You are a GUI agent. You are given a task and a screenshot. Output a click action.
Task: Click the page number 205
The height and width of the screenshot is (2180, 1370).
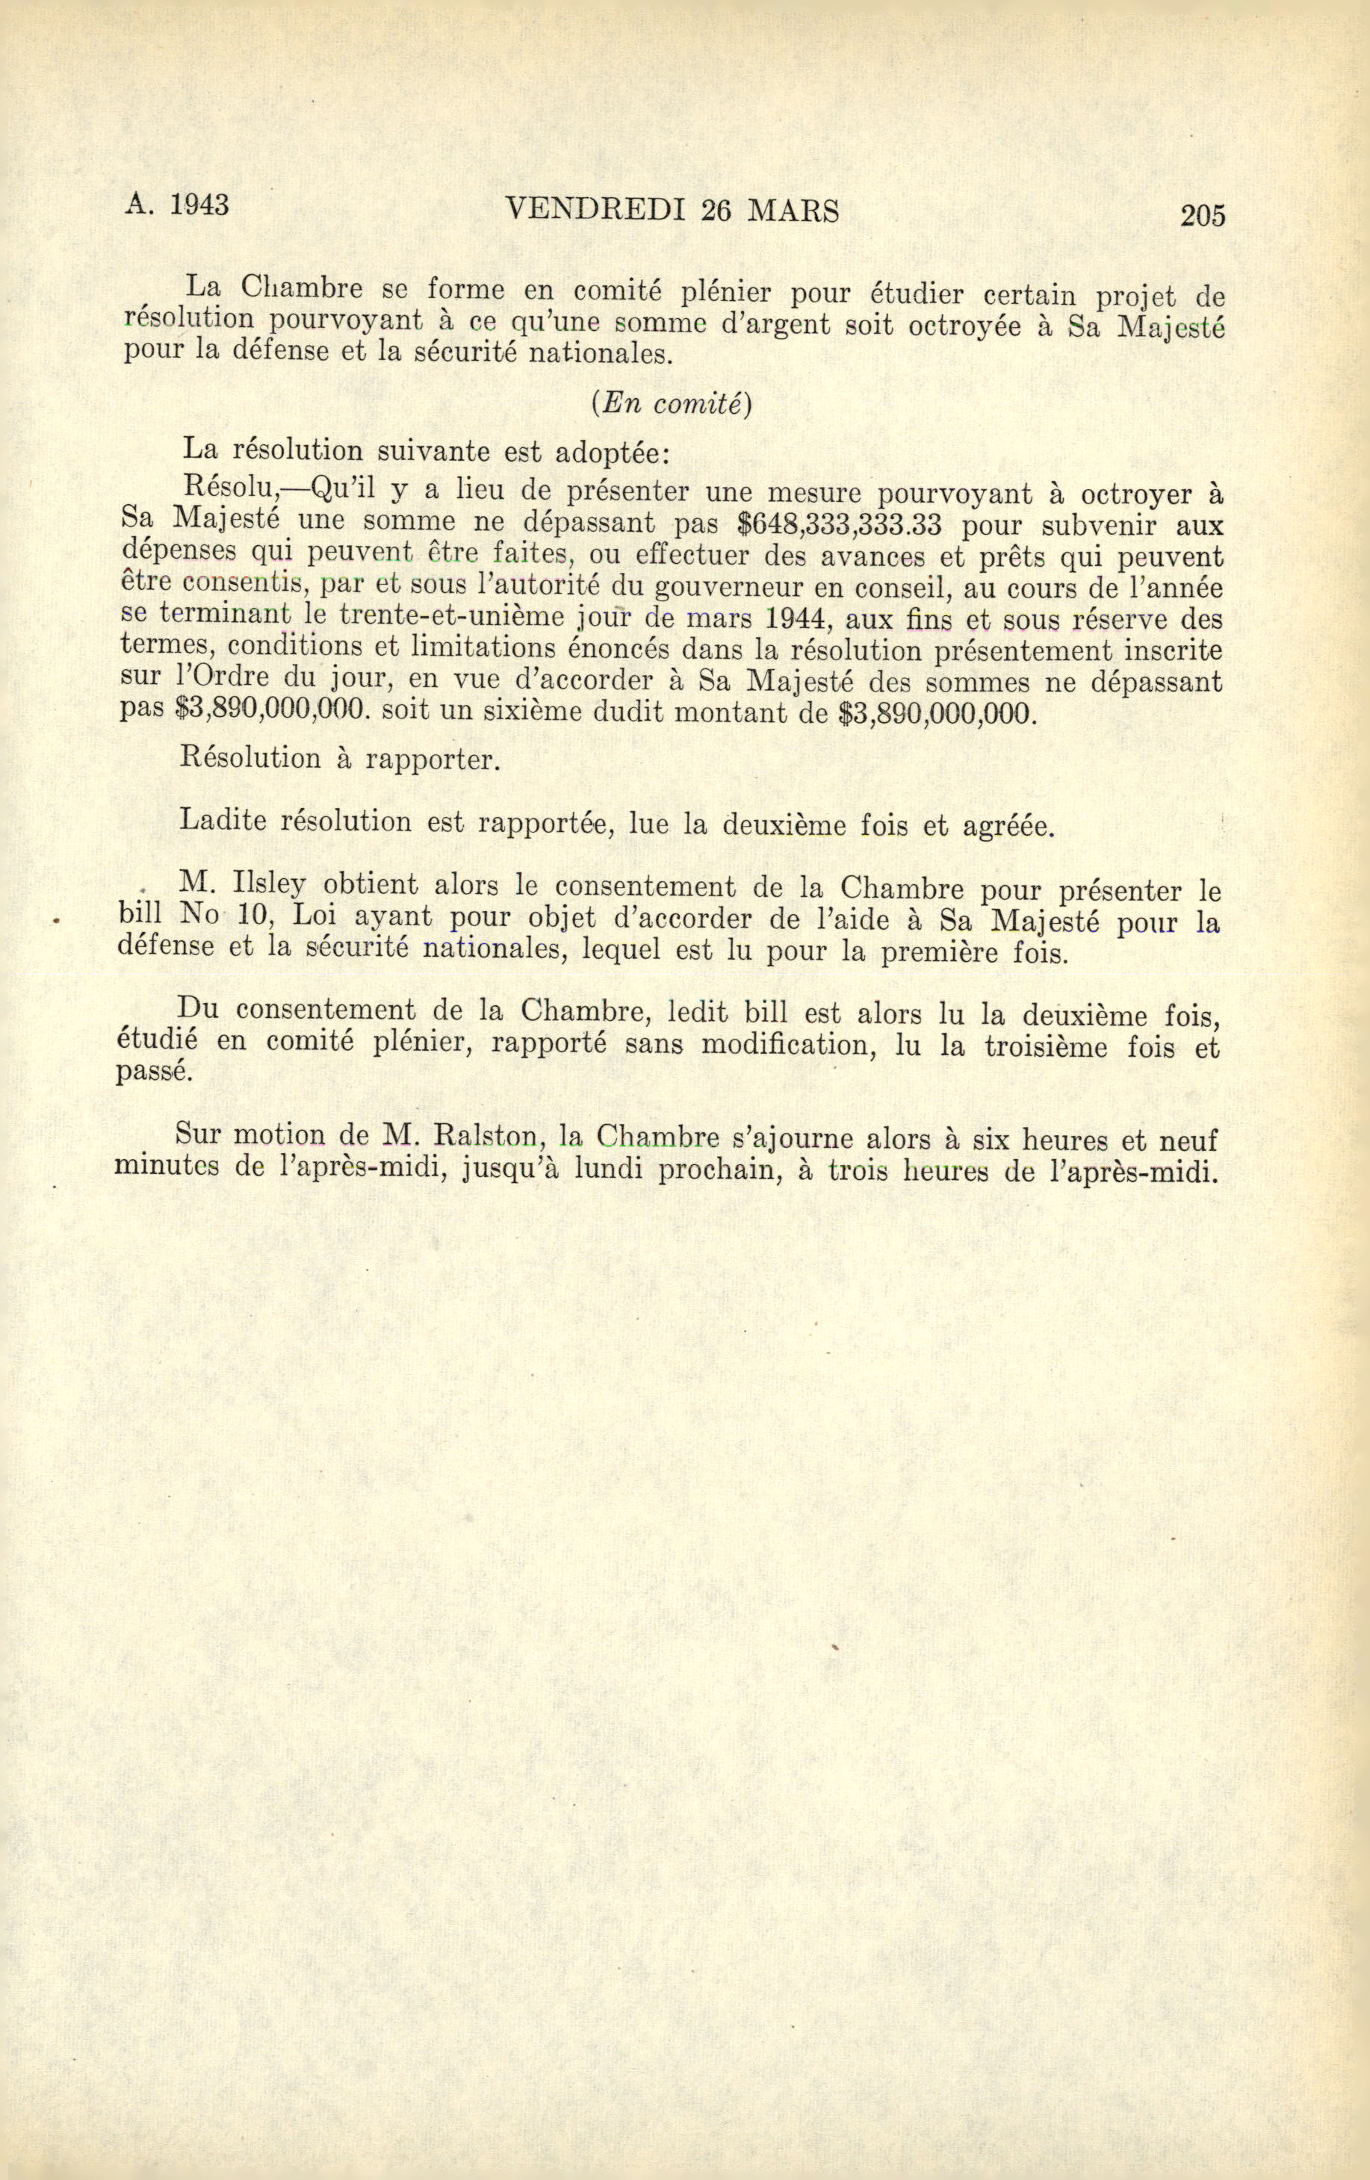click(1202, 216)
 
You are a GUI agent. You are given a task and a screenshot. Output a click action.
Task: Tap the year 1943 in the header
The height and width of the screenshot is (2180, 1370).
click(199, 205)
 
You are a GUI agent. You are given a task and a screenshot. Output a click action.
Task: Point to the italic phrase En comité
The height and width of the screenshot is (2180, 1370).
click(671, 405)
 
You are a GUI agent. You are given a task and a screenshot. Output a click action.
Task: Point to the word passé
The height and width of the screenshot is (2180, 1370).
click(153, 1072)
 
